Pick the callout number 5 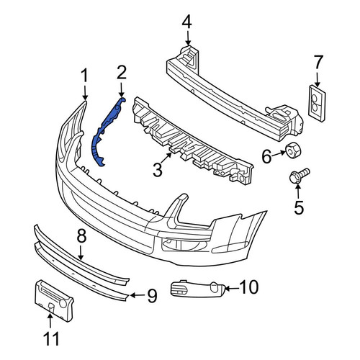pyautogui.click(x=299, y=208)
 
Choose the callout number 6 pyautogui.click(x=266, y=156)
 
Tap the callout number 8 pyautogui.click(x=81, y=236)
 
